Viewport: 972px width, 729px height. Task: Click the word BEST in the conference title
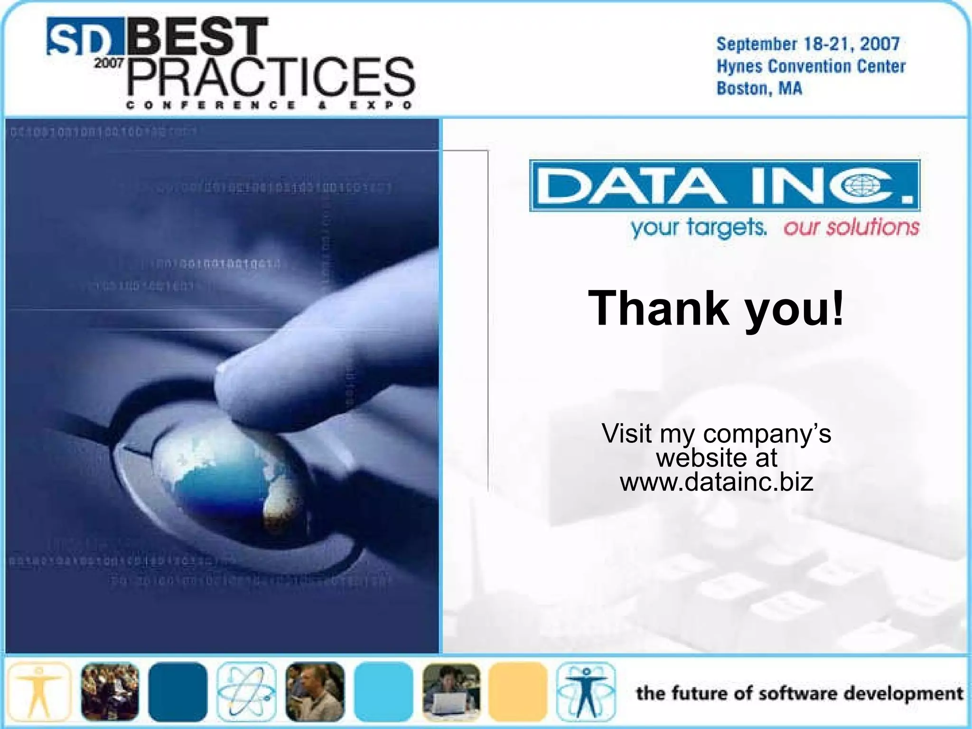198,37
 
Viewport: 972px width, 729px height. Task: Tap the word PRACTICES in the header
271,77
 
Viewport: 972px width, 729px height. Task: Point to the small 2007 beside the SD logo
109,63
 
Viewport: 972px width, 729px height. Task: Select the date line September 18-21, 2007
808,44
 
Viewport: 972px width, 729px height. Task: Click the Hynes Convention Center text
811,66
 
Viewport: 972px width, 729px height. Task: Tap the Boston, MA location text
759,89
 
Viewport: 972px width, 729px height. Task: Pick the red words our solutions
851,227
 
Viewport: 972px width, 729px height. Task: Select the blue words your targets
698,228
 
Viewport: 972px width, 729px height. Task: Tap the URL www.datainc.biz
716,482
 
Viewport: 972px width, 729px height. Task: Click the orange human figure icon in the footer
39,692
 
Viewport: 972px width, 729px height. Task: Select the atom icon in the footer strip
246,692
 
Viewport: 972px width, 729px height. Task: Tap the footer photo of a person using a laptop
451,692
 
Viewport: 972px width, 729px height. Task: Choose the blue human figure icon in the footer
586,692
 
